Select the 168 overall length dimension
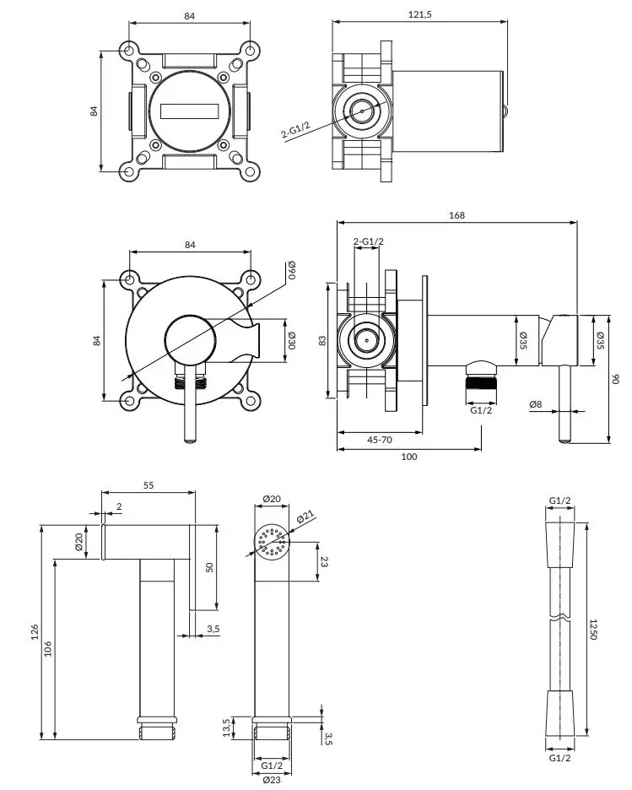click(x=456, y=215)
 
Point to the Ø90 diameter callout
click(x=291, y=272)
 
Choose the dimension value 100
click(x=409, y=457)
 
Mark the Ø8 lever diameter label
click(x=536, y=405)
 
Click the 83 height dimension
click(x=321, y=341)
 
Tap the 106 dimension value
click(x=47, y=648)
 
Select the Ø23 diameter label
click(x=271, y=780)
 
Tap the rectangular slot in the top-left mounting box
click(x=189, y=111)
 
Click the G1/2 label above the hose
click(x=560, y=501)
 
